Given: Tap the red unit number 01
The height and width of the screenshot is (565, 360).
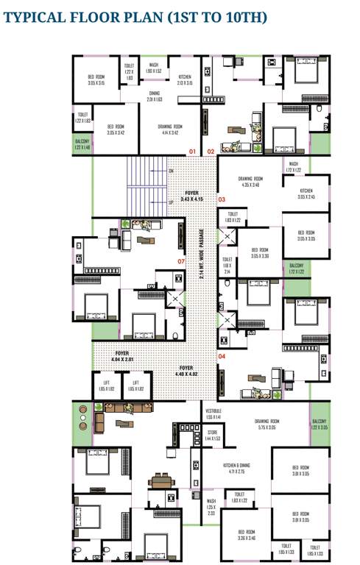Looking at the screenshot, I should (x=192, y=152).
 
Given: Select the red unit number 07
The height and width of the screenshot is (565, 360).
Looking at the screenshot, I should (x=180, y=260).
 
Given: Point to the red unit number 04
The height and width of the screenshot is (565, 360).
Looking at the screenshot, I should (x=222, y=356).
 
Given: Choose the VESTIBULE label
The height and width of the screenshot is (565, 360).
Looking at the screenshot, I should (x=213, y=413).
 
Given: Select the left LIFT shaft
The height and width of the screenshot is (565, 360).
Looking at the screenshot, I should (x=107, y=385).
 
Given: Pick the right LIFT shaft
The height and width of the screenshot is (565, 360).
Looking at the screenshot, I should (x=136, y=385).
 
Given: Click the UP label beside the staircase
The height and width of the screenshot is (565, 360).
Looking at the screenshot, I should (x=171, y=202).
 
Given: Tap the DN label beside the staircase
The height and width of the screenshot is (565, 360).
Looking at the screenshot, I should (x=171, y=171).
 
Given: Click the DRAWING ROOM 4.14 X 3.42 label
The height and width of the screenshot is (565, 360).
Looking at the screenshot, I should (x=169, y=129).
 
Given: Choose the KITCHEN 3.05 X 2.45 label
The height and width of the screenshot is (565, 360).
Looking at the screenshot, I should (x=306, y=193).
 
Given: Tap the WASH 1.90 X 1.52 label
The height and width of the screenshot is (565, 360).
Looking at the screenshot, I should (x=154, y=68).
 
